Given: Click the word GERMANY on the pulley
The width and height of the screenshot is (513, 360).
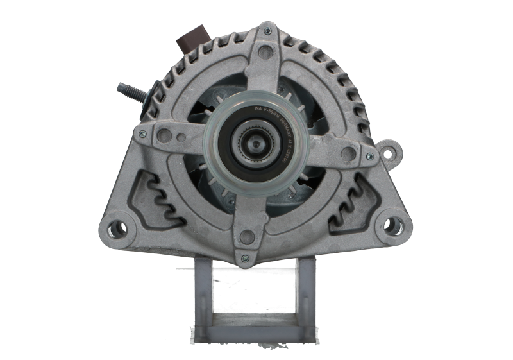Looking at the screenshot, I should click(292, 139).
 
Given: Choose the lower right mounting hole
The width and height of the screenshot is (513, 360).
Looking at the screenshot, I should click(389, 226).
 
